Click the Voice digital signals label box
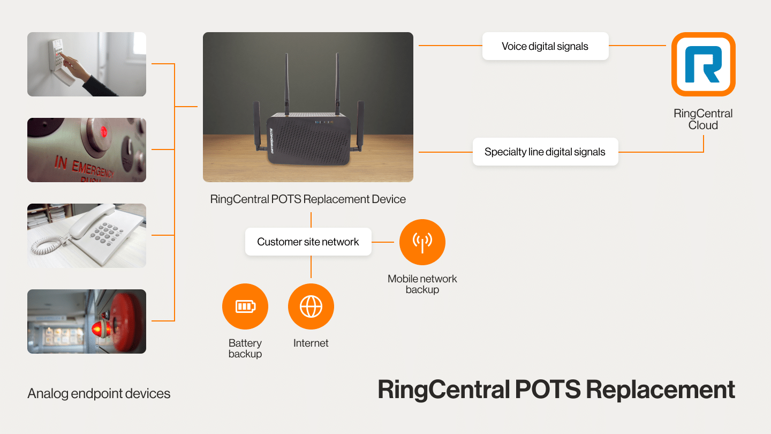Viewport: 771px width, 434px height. point(545,46)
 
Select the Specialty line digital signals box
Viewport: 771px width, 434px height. point(545,152)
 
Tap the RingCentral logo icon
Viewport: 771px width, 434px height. point(703,64)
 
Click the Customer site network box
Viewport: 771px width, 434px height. point(308,242)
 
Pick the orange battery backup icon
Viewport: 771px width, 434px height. point(245,306)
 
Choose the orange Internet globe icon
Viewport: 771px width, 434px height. point(311,306)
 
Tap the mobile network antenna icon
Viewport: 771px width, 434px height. point(422,242)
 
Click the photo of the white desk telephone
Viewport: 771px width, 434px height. point(87,236)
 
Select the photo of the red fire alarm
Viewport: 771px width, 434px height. point(87,321)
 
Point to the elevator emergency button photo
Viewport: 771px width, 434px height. point(87,150)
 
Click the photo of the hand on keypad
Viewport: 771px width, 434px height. point(87,64)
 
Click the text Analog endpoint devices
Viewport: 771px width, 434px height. point(99,394)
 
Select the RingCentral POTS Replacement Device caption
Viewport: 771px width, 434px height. point(308,199)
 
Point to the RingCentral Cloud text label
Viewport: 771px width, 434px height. point(703,119)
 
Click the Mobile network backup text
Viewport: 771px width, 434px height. point(422,284)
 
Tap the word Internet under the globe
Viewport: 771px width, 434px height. point(311,343)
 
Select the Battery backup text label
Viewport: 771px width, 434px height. point(245,348)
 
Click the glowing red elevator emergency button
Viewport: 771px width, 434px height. point(104,130)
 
